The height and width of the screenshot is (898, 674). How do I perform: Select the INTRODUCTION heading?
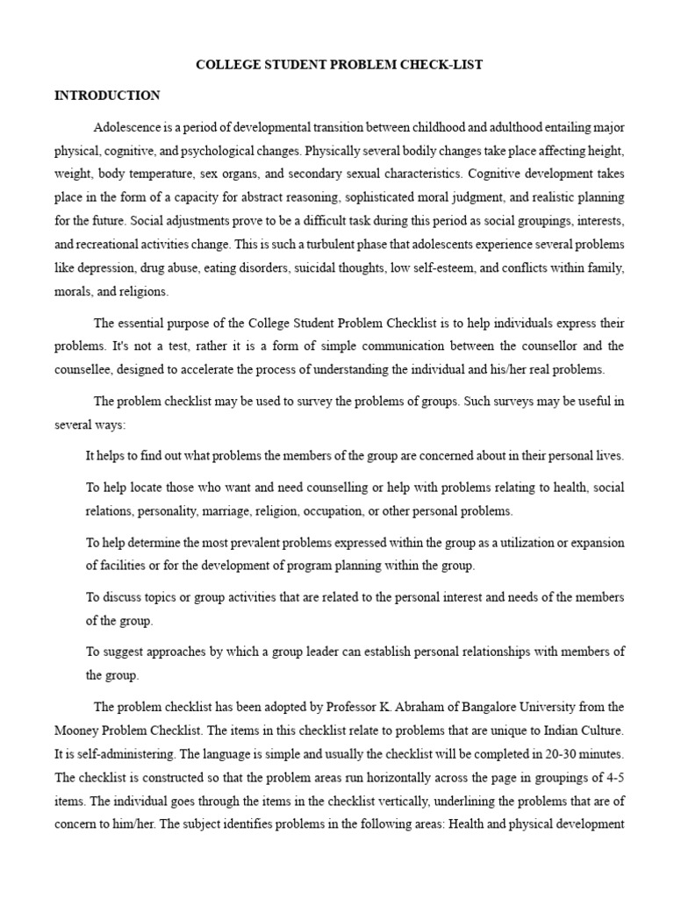coord(107,96)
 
